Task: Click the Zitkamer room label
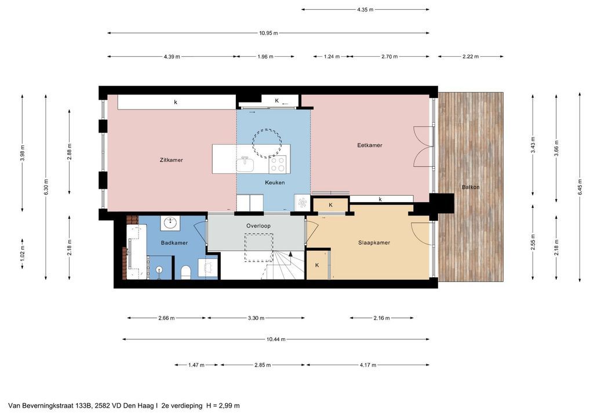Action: [171, 160]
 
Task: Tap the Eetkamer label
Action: [370, 145]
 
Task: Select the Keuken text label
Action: [275, 182]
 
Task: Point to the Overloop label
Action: [258, 226]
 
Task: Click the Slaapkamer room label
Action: [374, 243]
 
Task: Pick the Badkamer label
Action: [174, 243]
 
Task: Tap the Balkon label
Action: [471, 187]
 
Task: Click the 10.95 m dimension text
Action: [269, 33]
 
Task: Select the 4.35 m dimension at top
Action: [365, 10]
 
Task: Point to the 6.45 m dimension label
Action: [580, 186]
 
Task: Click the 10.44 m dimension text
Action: [276, 339]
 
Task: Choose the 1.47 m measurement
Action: [196, 365]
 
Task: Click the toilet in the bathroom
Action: [186, 272]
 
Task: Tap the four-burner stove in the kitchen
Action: [277, 164]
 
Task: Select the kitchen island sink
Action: [245, 164]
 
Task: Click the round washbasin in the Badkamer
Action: [170, 222]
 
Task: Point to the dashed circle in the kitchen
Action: [267, 143]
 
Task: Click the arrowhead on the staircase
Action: [290, 254]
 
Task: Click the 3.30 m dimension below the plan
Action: [256, 318]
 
